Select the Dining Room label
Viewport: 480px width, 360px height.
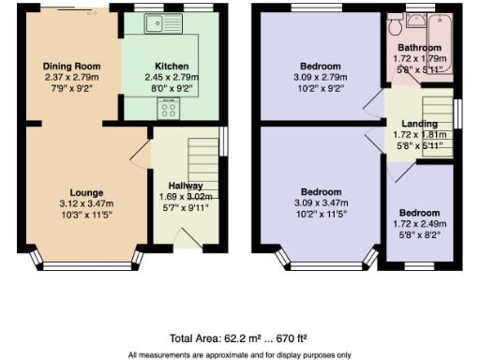click(x=71, y=66)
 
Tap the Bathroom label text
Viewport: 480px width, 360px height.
click(x=419, y=47)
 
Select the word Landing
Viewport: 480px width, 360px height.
click(x=419, y=125)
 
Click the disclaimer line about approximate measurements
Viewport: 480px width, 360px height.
click(x=239, y=354)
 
